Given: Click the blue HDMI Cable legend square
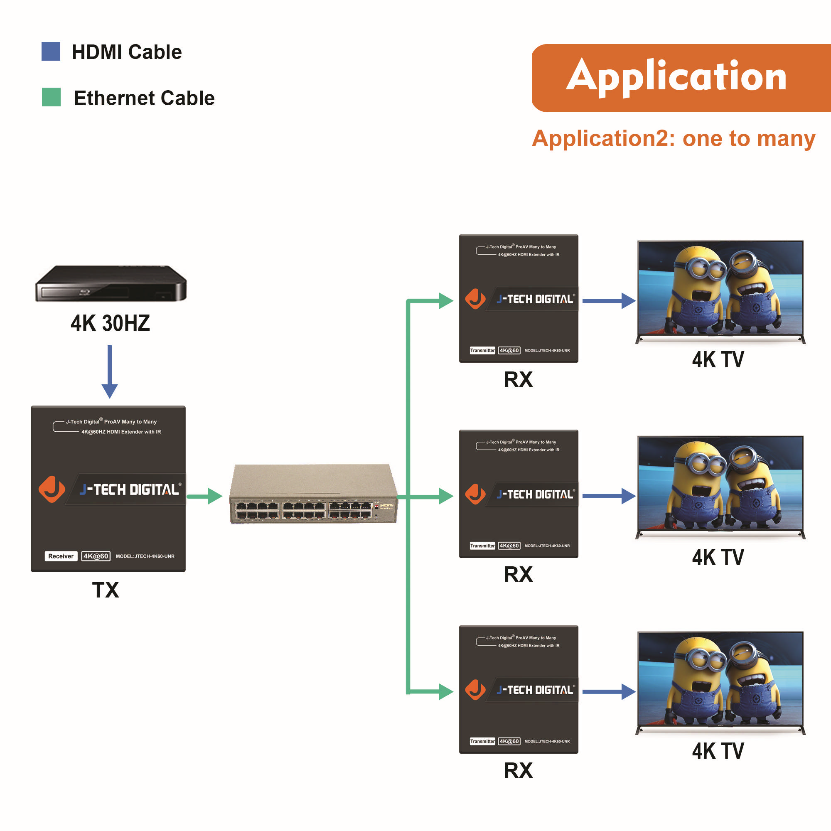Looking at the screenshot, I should (x=51, y=51).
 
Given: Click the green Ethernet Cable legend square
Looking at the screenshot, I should (x=51, y=97).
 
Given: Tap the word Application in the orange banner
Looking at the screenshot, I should (x=676, y=77).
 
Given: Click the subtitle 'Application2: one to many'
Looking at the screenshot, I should (x=673, y=138).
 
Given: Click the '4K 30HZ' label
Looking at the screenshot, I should (x=110, y=323).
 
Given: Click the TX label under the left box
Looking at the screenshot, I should (x=106, y=590).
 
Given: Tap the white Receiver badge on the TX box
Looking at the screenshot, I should (x=61, y=556).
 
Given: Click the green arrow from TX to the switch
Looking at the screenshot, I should (x=205, y=497).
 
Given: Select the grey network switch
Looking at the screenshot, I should (x=313, y=494).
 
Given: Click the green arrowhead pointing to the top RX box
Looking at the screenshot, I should (x=445, y=301).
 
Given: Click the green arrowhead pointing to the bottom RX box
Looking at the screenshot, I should (x=445, y=692).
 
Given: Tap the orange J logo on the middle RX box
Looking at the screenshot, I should (x=475, y=494).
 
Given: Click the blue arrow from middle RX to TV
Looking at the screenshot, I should (x=608, y=496).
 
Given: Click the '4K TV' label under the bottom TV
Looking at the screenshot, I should (x=718, y=751).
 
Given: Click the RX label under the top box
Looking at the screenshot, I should (x=518, y=379).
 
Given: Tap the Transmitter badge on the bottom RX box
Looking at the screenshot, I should (x=482, y=741).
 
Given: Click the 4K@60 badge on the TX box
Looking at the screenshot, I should (x=96, y=556).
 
